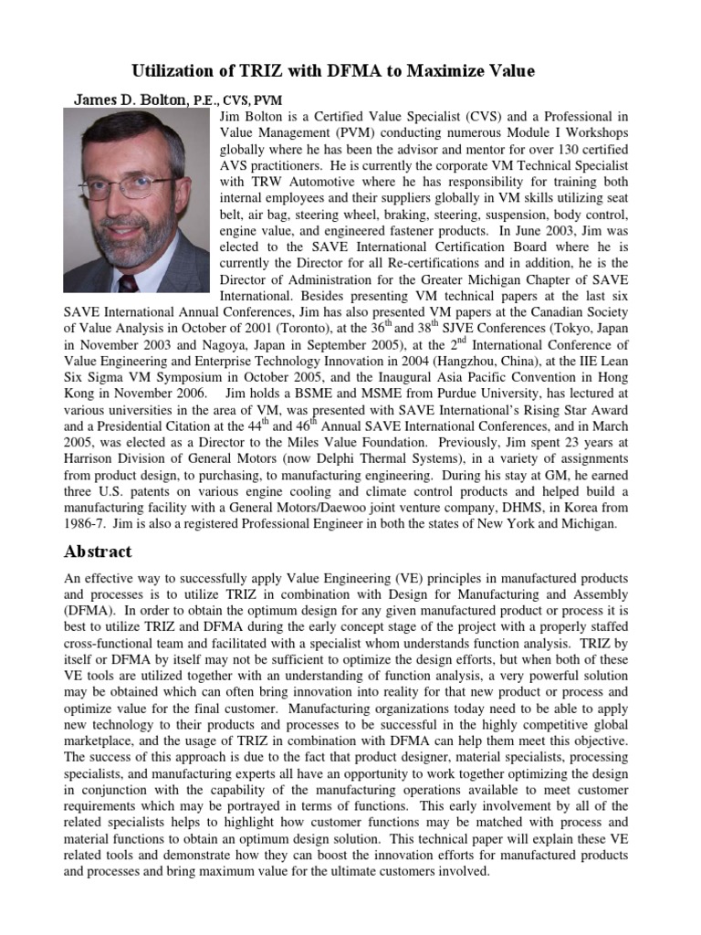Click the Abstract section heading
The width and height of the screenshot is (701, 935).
98,552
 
